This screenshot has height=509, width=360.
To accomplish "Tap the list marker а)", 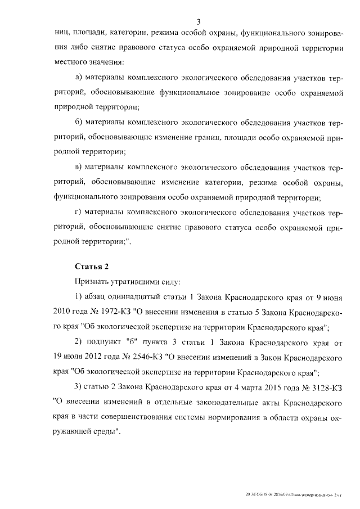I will coord(79,76).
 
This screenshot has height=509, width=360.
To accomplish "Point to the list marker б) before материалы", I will coord(79,122).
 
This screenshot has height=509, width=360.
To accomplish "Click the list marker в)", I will coord(79,168).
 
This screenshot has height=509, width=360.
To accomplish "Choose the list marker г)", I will coord(79,212).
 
